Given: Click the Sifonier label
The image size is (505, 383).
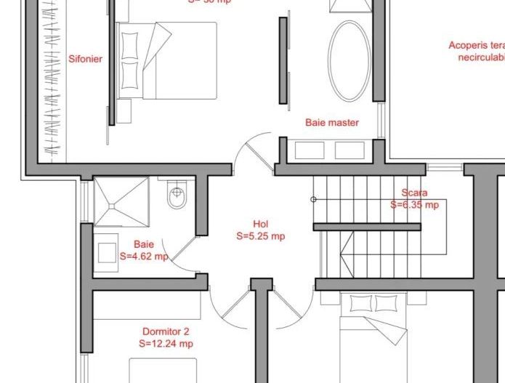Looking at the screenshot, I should [x=85, y=60].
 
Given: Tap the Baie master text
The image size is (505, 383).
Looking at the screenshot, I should [x=331, y=123].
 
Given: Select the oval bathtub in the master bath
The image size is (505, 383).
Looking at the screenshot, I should [x=349, y=60].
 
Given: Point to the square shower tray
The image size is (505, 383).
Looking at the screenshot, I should [x=121, y=202].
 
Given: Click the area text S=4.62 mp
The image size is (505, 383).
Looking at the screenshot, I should [x=144, y=256].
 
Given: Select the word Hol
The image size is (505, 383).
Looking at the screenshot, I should [x=260, y=224].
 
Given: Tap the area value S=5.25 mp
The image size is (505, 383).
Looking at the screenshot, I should [x=260, y=235].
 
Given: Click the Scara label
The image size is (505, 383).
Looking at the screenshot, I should [x=414, y=193].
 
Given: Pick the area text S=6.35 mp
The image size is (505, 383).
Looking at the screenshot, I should [x=414, y=205].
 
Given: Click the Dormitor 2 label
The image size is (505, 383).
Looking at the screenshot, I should [x=166, y=331].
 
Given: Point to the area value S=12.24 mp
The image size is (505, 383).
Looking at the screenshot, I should [x=166, y=343].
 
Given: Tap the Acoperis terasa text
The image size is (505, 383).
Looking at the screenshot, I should [x=476, y=46].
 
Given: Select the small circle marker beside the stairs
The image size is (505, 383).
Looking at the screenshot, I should [x=314, y=199].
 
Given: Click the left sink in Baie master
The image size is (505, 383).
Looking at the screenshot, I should [x=310, y=150].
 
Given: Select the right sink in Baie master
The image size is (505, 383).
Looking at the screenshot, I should [x=349, y=150].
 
